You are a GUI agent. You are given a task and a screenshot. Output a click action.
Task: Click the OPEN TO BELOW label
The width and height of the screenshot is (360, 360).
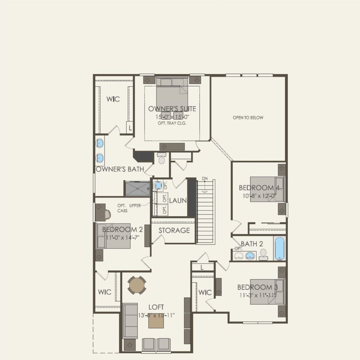pos(248,118)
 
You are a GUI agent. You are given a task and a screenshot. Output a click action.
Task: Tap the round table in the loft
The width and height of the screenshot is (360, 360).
pos(137,285)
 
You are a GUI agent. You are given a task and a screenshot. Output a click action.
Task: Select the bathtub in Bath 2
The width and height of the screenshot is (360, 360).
pos(280,248)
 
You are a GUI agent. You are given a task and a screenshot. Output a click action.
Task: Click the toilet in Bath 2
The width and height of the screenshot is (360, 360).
pos(263,253)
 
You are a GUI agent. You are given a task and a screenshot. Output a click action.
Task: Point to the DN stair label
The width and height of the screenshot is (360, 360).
pos(205,178)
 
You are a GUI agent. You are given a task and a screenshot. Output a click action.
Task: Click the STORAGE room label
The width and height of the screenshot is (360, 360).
pos(174,231)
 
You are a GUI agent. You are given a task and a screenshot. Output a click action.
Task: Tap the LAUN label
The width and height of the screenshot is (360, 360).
pos(178,200)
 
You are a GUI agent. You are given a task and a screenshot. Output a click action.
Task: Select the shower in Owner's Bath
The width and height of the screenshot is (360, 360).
pos(137,188)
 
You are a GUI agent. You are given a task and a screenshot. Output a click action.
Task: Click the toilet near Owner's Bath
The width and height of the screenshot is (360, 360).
pos(162,159)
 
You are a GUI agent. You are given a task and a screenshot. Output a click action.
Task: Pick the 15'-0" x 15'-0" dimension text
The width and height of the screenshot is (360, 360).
pos(172,117)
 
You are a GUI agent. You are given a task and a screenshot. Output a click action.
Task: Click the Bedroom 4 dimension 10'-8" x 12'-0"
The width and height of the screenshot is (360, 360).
pos(259,196)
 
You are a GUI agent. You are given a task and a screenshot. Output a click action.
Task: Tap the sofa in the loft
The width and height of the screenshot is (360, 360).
pos(130,321)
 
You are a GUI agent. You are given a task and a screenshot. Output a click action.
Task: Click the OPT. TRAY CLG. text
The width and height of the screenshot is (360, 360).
pos(170,123)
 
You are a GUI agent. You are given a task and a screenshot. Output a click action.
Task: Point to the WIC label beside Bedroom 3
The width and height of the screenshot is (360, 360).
pos(205,292)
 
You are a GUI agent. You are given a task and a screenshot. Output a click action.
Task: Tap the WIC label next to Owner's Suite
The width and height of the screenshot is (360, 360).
pos(113,99)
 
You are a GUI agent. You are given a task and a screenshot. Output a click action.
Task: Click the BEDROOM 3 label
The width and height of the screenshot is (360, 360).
pos(258,287)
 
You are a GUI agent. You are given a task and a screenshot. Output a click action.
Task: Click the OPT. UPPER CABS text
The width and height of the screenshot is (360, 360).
pos(129,208)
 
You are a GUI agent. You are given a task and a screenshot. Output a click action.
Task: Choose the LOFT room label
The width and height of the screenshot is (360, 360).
pos(156,307)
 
